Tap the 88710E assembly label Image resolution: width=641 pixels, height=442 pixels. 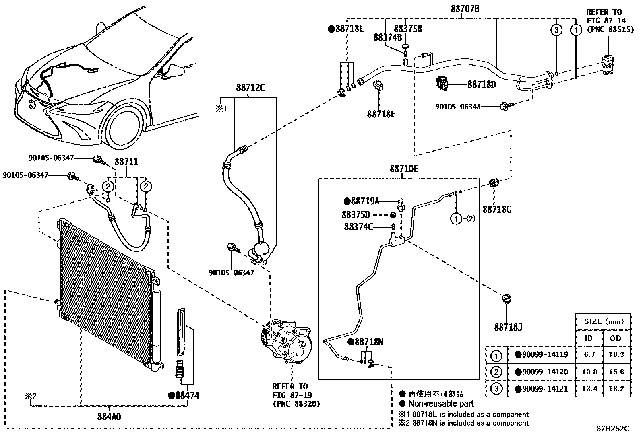pos(403,169)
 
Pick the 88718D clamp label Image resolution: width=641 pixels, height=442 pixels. pos(482,84)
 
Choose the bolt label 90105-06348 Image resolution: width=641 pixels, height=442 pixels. pos(457,107)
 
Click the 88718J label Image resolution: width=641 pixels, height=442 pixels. pos(508,327)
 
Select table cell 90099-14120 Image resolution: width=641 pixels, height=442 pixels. pos(542,372)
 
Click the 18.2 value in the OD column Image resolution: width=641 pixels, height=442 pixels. pos(616,389)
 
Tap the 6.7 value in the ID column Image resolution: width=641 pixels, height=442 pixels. pos(589,355)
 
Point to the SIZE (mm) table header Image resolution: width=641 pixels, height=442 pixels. pos(603,321)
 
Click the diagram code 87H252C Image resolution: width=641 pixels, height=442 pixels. pos(612,428)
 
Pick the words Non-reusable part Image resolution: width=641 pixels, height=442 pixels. pos(440,403)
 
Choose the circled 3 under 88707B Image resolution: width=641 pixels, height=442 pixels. pos(556,30)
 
